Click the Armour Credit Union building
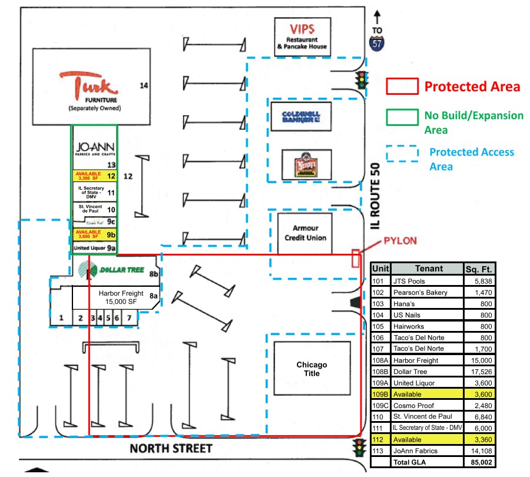pos(305,233)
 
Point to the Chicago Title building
pos(312,369)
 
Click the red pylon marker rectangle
pos(355,259)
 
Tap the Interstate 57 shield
pos(377,43)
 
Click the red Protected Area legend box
pos(402,86)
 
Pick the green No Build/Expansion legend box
pos(402,115)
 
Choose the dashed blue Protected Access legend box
pos(402,153)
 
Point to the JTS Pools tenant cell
pos(426,281)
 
